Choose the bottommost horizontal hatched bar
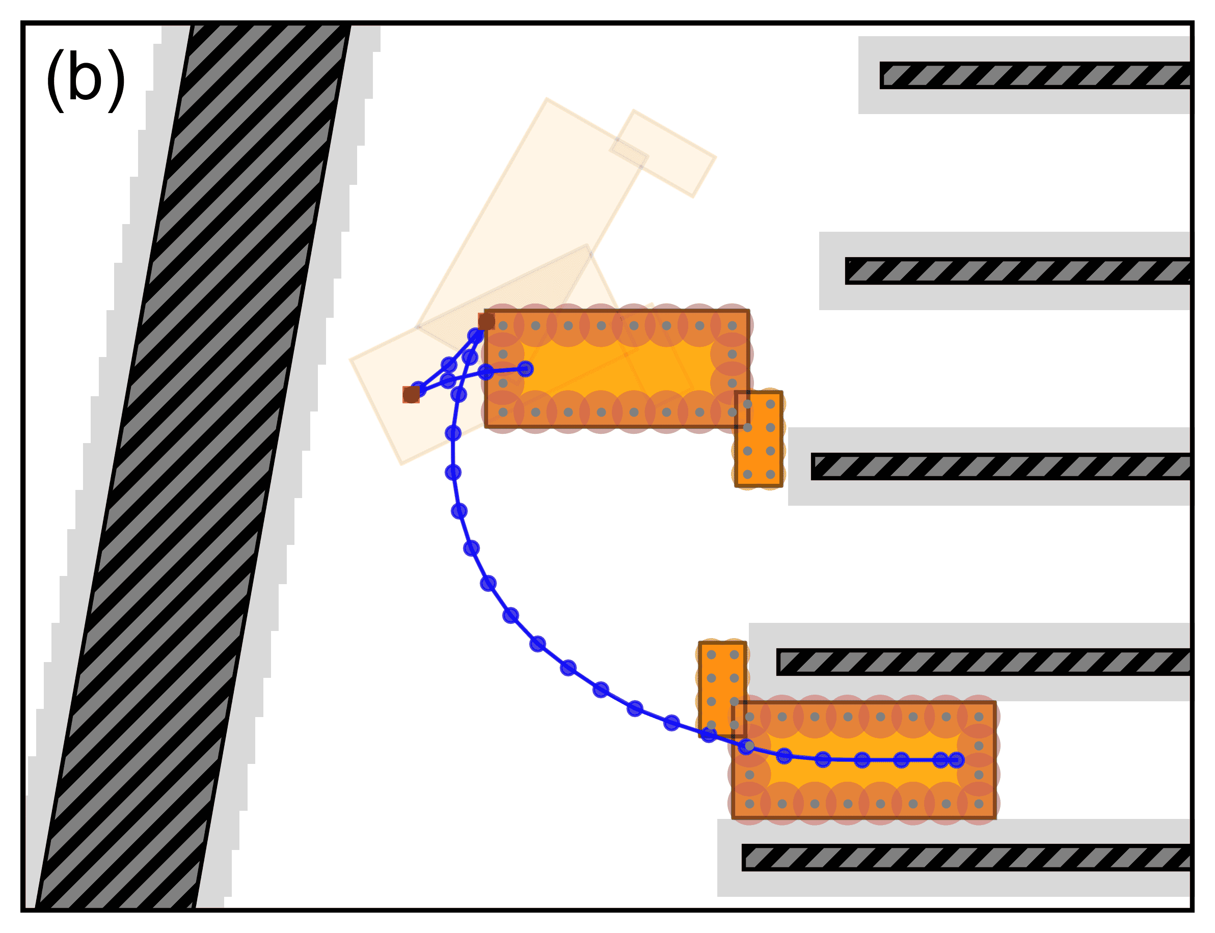[x=967, y=858]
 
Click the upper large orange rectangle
[x=616, y=368]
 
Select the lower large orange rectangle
[x=863, y=760]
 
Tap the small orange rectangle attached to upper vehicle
[x=759, y=438]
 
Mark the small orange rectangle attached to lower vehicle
[x=722, y=689]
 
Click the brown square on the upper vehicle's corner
[x=486, y=321]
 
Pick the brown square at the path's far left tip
[x=411, y=394]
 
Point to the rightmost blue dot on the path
[x=956, y=760]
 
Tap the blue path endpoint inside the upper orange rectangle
[x=525, y=369]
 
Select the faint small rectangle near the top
[x=663, y=153]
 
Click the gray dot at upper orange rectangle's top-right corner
[x=732, y=326]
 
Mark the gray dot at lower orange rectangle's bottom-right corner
[x=979, y=804]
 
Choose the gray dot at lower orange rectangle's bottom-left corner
[x=749, y=804]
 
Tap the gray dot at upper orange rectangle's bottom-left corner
[x=503, y=412]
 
